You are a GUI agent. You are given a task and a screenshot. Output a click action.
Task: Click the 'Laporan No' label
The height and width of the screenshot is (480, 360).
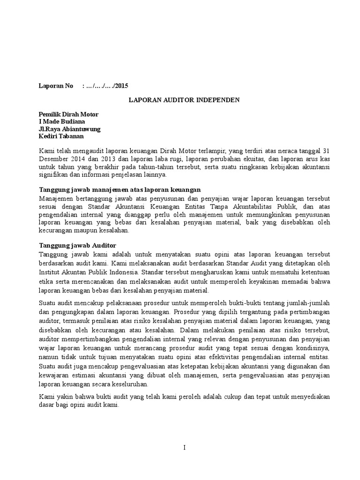[55, 86]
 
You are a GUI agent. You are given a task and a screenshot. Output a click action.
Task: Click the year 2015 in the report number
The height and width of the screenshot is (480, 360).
[120, 86]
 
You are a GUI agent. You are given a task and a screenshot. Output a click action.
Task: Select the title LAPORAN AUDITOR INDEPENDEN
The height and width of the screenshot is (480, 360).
[184, 100]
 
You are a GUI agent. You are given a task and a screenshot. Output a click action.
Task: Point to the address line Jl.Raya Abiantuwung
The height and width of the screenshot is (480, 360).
[69, 129]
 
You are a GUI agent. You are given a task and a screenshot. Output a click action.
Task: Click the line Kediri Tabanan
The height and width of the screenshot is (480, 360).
[61, 136]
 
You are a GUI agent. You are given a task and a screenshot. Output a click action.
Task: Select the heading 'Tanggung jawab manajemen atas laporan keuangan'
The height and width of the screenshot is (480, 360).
[119, 189]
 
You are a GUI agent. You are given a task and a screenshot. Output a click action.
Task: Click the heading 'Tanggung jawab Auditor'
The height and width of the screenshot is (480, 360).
[77, 246]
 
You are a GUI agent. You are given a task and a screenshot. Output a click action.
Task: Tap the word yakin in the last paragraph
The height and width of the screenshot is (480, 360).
[62, 397]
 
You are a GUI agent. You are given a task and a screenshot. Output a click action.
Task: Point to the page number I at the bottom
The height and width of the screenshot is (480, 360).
[185, 448]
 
